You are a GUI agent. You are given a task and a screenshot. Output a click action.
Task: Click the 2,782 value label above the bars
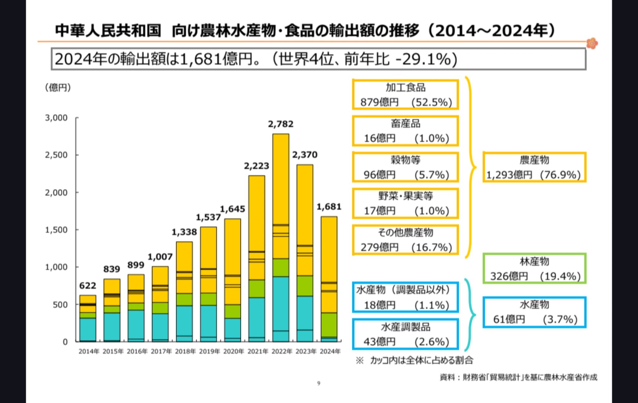[x=281, y=124]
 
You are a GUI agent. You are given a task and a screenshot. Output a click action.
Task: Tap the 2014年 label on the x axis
[x=89, y=351]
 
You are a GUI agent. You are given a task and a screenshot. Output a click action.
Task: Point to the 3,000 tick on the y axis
[x=56, y=118]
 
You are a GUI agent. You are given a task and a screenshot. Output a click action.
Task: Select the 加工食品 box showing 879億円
[x=405, y=95]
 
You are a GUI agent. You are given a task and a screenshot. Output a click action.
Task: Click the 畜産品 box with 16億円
[x=405, y=131]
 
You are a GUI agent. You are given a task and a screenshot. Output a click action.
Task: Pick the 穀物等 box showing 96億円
[x=405, y=167]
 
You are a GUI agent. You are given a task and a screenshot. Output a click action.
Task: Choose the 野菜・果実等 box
[x=405, y=203]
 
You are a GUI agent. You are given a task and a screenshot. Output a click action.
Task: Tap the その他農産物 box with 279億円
[x=405, y=240]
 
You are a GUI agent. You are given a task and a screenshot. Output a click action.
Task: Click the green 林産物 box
[x=534, y=268]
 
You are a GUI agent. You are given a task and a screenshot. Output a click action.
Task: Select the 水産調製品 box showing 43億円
[x=405, y=334]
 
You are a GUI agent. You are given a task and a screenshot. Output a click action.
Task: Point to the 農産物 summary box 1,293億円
[x=534, y=167]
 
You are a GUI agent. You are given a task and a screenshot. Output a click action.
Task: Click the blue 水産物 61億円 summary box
[x=534, y=312]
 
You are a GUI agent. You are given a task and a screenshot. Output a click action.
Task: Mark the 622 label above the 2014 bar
[x=88, y=286]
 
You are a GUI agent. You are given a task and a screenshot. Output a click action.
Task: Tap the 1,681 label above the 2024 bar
[x=329, y=207]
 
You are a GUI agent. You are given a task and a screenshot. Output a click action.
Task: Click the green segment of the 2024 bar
[x=329, y=325]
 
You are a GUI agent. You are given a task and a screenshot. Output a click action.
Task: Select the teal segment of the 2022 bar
[x=281, y=303]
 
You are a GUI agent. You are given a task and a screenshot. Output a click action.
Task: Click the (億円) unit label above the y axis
[x=58, y=87]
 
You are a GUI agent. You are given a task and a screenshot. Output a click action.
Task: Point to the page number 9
[x=319, y=383]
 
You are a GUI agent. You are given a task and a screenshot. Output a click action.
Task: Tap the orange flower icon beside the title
[x=592, y=43]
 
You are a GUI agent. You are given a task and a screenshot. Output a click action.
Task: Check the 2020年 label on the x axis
[x=234, y=351]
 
